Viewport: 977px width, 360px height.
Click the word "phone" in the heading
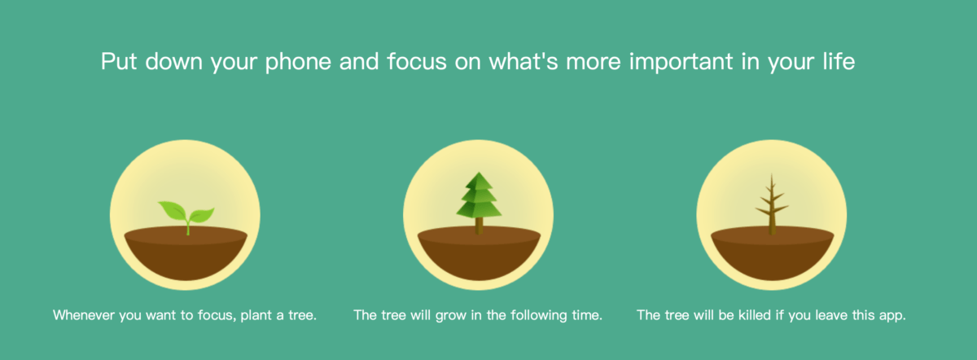tap(298, 62)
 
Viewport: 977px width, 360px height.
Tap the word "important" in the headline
tap(681, 62)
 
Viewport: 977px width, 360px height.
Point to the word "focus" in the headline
tap(417, 61)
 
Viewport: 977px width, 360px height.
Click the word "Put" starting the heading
tap(119, 61)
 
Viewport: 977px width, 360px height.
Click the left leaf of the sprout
tap(173, 211)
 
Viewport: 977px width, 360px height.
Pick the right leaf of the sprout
tap(201, 215)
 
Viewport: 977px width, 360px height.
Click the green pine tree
tap(479, 203)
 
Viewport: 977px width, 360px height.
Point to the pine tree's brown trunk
tap(479, 226)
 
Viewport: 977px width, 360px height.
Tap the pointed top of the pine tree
tap(479, 173)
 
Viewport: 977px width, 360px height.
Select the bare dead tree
tap(772, 204)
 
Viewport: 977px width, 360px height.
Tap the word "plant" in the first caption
tap(256, 316)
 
